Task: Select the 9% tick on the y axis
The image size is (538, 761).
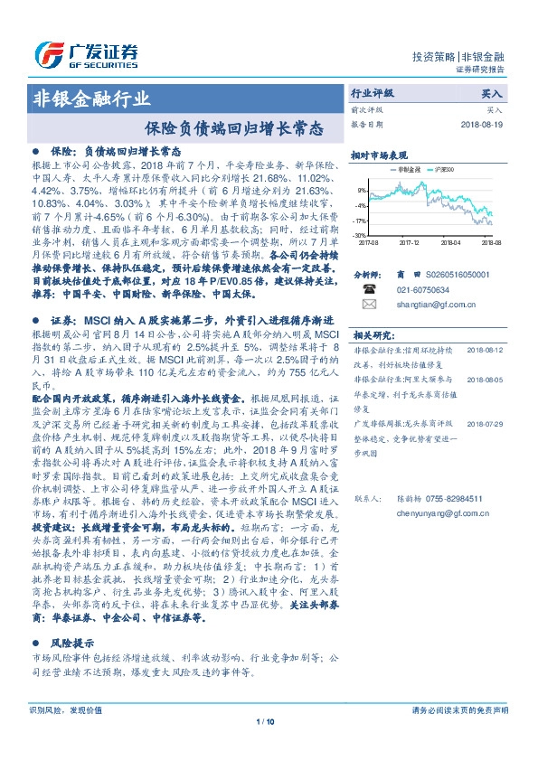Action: (362, 190)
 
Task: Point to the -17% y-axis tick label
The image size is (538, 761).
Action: (361, 221)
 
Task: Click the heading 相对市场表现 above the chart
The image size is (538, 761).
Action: (379, 155)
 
